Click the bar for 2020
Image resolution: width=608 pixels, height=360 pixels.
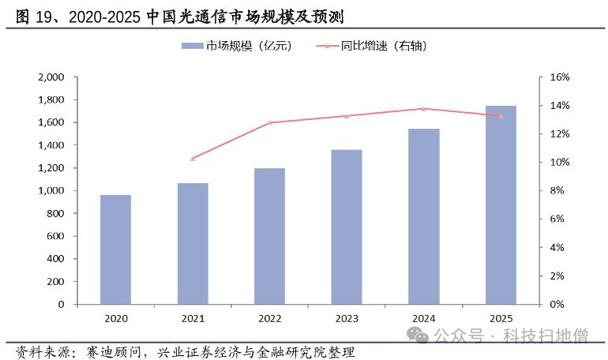(115, 249)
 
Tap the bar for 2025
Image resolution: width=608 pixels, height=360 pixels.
(501, 204)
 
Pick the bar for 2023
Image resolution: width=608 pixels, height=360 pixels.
(347, 227)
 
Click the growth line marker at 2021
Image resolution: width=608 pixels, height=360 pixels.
(193, 159)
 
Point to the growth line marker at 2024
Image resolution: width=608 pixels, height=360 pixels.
(423, 109)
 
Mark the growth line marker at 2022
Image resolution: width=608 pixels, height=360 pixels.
(269, 122)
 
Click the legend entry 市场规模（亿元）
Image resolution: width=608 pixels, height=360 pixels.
(237, 46)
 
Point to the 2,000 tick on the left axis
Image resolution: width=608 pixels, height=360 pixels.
(51, 77)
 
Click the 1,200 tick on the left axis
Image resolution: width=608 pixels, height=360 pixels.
(51, 168)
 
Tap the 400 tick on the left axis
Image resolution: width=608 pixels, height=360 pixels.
(55, 259)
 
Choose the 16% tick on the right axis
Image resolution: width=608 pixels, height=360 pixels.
(560, 77)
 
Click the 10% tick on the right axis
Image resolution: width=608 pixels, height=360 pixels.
(560, 163)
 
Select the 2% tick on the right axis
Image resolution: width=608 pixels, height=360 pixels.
(557, 276)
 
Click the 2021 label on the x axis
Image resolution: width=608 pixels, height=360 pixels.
(193, 318)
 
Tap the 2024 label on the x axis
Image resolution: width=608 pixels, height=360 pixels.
(423, 318)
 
